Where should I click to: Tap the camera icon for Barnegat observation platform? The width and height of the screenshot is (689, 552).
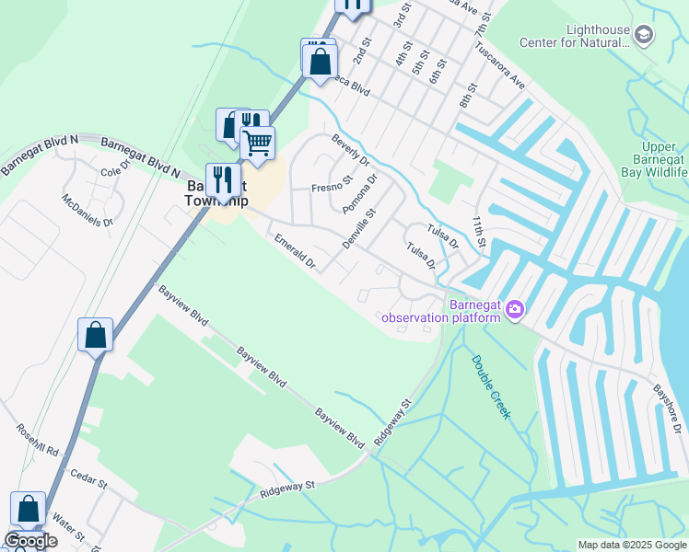point(515,312)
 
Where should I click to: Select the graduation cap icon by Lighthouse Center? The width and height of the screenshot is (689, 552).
point(645,36)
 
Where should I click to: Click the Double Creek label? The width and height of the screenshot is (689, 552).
point(490,386)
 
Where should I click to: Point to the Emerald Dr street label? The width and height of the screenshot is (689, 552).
point(295,251)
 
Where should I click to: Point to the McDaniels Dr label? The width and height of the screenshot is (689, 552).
point(88,211)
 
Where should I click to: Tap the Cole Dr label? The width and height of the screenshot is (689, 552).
point(118,172)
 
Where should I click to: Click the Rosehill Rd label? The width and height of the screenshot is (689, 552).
point(37,441)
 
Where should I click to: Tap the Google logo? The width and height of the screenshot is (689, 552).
point(29,541)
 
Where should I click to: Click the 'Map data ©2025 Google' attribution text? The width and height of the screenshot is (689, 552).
point(632,545)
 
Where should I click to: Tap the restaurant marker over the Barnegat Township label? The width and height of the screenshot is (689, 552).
point(222,178)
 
